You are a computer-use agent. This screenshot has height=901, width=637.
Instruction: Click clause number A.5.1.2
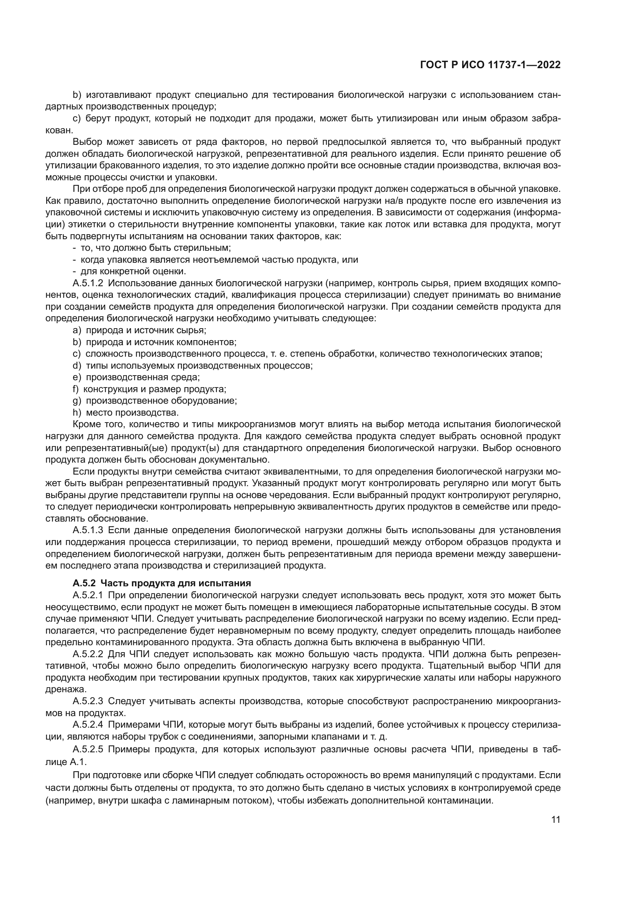point(88,283)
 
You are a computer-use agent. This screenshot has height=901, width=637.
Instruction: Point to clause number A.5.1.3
point(88,530)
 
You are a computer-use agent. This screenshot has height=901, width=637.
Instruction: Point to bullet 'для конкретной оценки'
point(129,271)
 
